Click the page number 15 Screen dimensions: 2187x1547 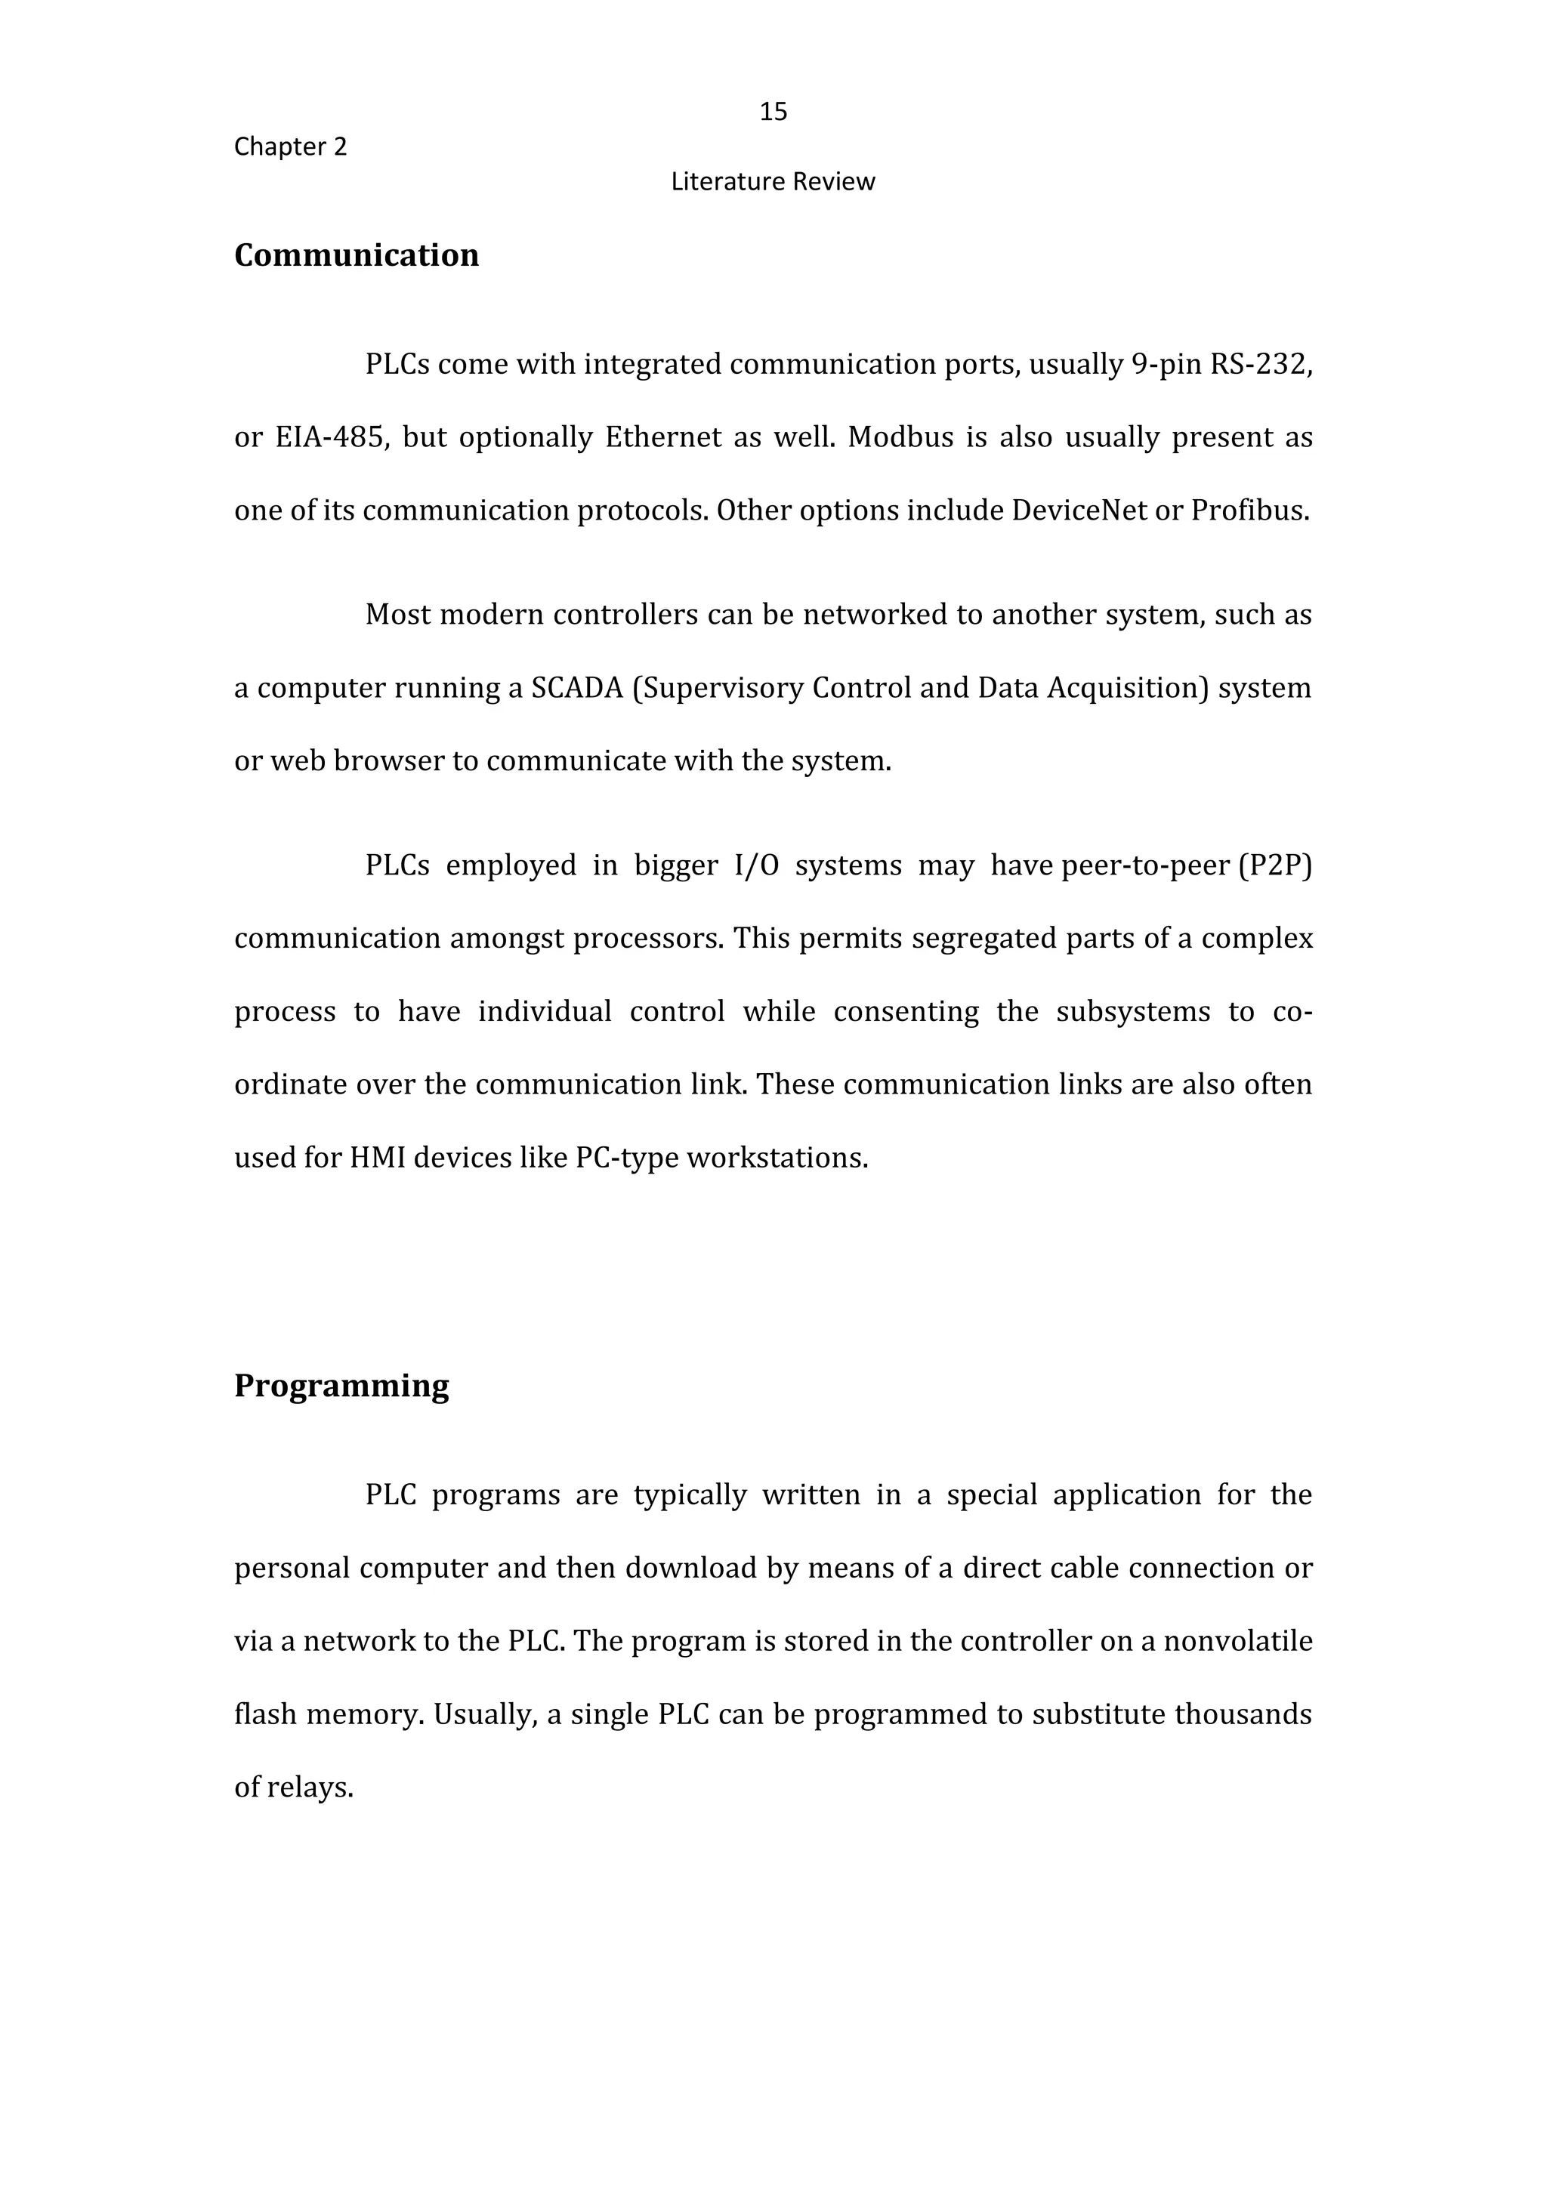click(x=773, y=113)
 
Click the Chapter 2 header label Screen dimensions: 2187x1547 click(x=291, y=147)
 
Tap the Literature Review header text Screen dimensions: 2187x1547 click(x=773, y=182)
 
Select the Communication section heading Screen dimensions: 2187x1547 click(x=357, y=255)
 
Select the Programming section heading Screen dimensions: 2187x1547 click(x=341, y=1386)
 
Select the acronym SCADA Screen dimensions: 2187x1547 click(x=576, y=688)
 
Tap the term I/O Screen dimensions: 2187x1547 click(x=756, y=865)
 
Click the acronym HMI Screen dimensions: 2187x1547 click(x=377, y=1158)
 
